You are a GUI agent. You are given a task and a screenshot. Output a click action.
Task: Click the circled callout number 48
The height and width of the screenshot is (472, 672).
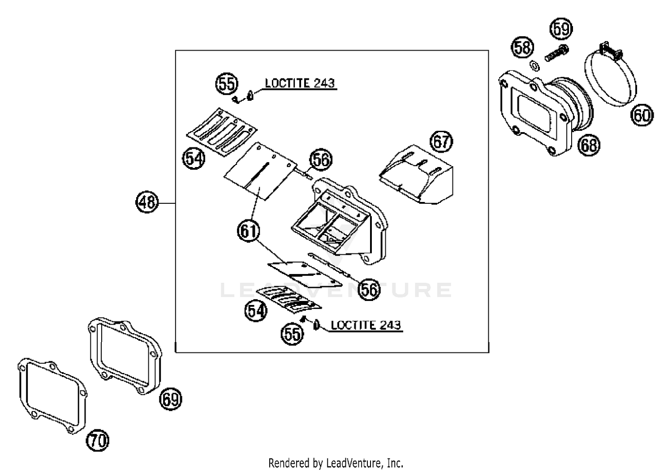coord(147,202)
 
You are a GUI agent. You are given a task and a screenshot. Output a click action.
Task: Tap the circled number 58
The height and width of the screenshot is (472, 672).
coord(522,47)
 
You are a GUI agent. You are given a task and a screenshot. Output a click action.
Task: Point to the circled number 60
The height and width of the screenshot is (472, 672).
coord(642,116)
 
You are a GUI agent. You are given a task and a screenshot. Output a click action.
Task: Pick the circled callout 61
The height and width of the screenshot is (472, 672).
coord(249,231)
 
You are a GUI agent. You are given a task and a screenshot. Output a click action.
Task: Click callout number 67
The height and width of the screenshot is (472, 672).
coord(441,142)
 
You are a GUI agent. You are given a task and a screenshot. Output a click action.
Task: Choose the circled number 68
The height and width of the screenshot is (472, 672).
coord(588,145)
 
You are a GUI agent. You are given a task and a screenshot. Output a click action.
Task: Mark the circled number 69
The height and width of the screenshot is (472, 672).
coord(171,398)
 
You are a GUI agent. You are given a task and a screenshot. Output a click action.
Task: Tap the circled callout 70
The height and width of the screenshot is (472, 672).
coord(98,441)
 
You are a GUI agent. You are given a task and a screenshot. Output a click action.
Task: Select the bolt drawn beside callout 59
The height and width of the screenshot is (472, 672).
coord(556,54)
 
